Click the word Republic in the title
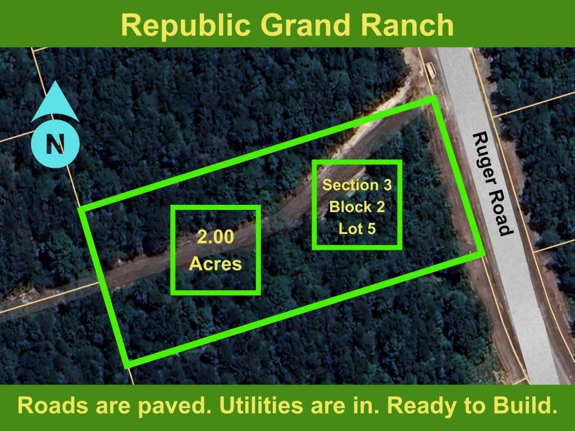pos(185,26)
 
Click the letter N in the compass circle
pos(56,144)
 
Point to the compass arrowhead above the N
pos(55,102)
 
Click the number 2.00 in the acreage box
pos(216,237)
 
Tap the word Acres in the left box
pos(216,264)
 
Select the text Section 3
pos(357,185)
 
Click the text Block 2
pos(357,207)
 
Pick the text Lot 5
pos(357,229)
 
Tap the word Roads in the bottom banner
pos(53,405)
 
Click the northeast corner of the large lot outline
pos(434,98)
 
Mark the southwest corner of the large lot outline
pos(127,365)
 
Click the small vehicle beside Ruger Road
pos(431,70)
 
